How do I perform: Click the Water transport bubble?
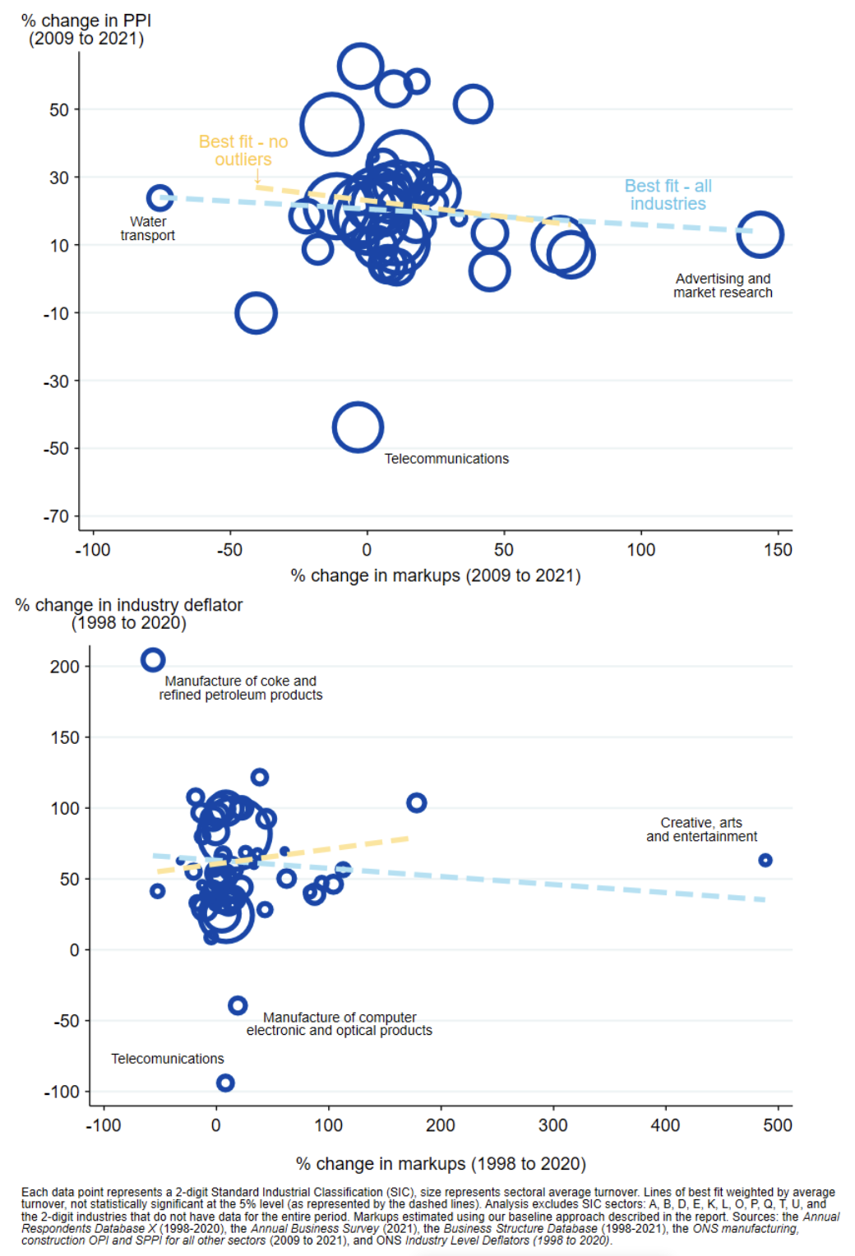[159, 198]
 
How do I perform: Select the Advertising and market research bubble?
[759, 234]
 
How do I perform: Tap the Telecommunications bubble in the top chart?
[358, 427]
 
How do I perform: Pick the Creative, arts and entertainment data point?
[765, 860]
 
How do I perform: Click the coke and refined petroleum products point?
[153, 659]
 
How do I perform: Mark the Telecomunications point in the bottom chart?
[225, 1083]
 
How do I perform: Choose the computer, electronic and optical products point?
[238, 1004]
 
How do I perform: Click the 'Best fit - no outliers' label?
[243, 150]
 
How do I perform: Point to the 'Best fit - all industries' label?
[668, 195]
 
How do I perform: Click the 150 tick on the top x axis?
[778, 550]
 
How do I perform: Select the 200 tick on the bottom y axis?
[64, 667]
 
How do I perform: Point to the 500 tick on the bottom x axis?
[778, 1125]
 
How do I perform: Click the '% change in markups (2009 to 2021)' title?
[436, 575]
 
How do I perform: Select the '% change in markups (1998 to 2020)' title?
[441, 1164]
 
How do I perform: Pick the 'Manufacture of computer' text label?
[340, 1018]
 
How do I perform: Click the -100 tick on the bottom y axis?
[62, 1092]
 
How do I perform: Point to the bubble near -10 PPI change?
[256, 313]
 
